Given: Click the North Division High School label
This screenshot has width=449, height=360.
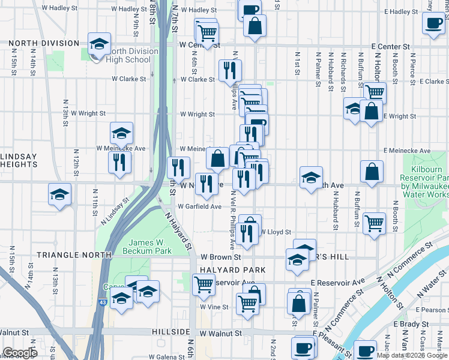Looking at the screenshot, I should point(128,55).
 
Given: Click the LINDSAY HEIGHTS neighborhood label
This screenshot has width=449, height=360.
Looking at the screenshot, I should point(19,160).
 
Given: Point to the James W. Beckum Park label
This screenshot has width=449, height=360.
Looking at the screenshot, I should point(147,247).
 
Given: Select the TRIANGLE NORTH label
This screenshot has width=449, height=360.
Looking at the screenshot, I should point(74,255).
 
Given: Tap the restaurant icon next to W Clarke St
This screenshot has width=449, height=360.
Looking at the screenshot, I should point(230,70).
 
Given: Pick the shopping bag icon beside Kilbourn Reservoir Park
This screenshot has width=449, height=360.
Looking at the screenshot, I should point(372,171).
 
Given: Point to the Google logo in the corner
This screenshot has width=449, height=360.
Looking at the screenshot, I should point(20,353).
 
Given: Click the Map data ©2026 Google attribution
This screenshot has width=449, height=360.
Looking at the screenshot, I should point(412,355).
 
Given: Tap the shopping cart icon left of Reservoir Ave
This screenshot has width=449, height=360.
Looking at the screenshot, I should point(203,284).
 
